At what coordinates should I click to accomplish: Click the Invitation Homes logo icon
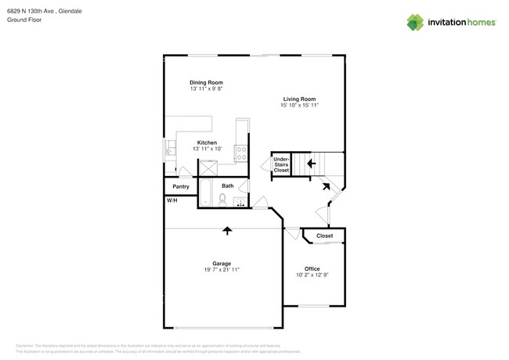pyautogui.click(x=415, y=22)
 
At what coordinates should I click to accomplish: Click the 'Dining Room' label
pyautogui.click(x=206, y=82)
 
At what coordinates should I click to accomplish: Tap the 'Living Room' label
pyautogui.click(x=299, y=99)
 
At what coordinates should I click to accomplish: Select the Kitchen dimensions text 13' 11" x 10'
pyautogui.click(x=206, y=149)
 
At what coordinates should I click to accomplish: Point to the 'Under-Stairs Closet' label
pyautogui.click(x=281, y=164)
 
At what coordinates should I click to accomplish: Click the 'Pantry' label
pyautogui.click(x=181, y=186)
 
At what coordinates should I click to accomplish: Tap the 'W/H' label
pyautogui.click(x=171, y=201)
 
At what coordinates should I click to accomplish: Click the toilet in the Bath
pyautogui.click(x=222, y=200)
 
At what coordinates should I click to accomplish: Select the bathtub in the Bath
pyautogui.click(x=206, y=193)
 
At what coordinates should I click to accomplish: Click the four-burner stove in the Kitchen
pyautogui.click(x=242, y=152)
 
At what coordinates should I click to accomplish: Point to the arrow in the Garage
pyautogui.click(x=227, y=230)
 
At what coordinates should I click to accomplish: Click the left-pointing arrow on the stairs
pyautogui.click(x=311, y=164)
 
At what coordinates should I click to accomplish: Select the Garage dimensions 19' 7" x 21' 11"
pyautogui.click(x=222, y=270)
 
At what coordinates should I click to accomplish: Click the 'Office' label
pyautogui.click(x=312, y=268)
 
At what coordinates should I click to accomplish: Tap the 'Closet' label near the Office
pyautogui.click(x=324, y=236)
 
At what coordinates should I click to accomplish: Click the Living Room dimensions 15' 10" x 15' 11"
pyautogui.click(x=299, y=105)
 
